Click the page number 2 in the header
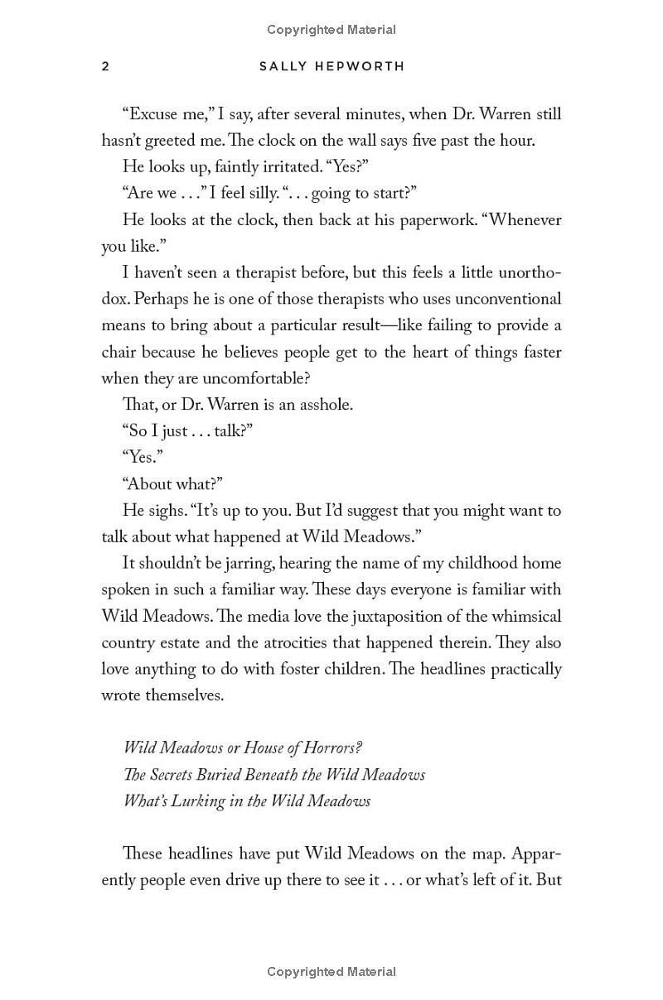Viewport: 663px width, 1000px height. pyautogui.click(x=105, y=66)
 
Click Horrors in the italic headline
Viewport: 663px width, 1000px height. pyautogui.click(x=331, y=748)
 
